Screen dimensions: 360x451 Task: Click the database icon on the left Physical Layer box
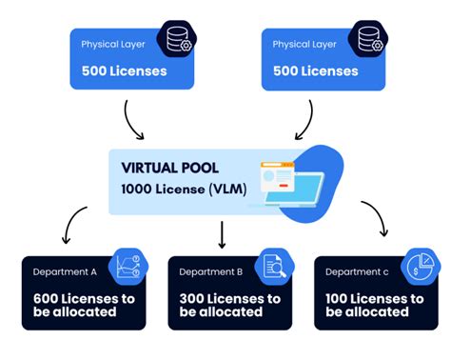point(178,41)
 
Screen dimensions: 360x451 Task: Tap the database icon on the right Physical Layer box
point(370,41)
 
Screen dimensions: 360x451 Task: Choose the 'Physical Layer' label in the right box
point(304,44)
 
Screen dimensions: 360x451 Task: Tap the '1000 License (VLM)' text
point(183,189)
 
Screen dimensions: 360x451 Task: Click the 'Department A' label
point(66,271)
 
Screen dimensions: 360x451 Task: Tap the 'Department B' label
point(210,271)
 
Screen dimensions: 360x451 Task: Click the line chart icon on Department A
point(128,270)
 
